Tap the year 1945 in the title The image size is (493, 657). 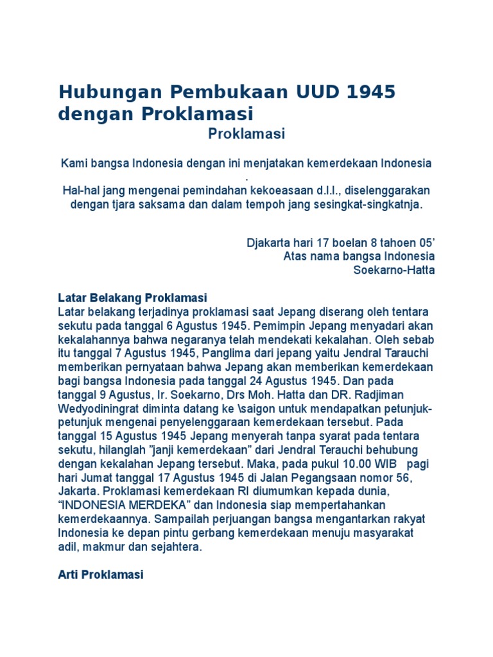pos(371,92)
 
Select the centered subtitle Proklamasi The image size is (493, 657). pos(246,134)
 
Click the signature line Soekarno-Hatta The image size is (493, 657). pos(394,270)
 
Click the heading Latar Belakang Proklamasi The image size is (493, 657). pos(132,298)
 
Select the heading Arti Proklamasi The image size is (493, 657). pos(101,575)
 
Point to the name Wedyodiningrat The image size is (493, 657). pos(99,409)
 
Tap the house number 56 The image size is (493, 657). pos(414,478)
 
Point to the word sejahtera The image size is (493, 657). pos(180,547)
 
